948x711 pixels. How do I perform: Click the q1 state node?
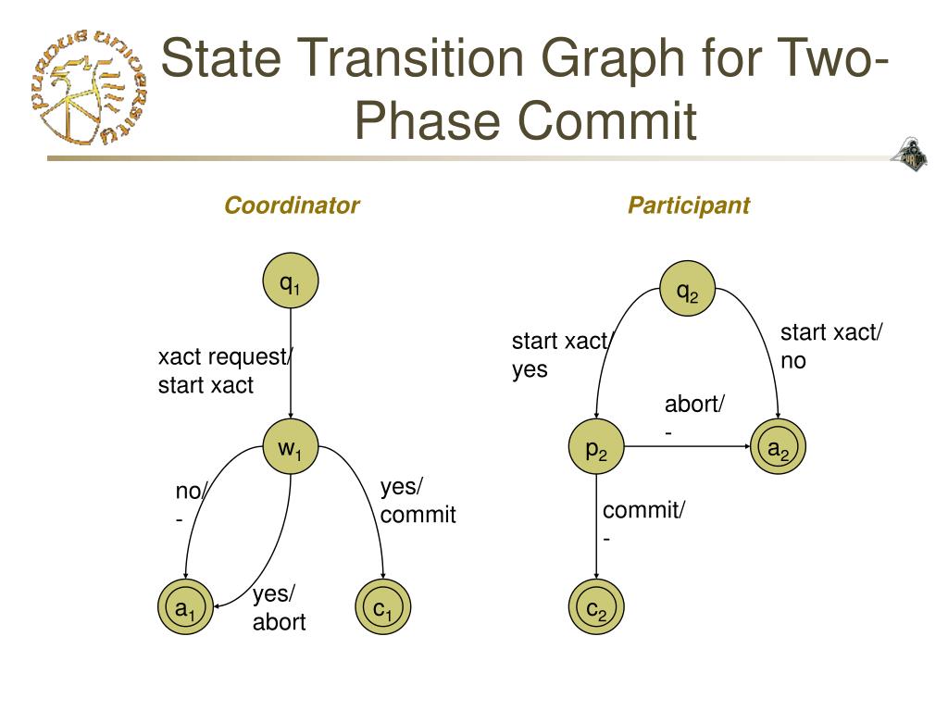pos(291,284)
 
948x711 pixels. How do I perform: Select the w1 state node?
pos(291,450)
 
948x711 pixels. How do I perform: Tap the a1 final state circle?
pos(186,609)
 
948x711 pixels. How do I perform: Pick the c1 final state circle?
pos(382,609)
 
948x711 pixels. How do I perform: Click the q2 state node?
pos(687,292)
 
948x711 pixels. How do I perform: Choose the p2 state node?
pos(596,450)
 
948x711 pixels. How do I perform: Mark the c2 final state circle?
pos(596,609)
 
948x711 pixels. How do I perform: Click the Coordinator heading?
pos(292,206)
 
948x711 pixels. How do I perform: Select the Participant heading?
pos(689,206)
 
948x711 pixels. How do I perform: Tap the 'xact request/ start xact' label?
pos(223,371)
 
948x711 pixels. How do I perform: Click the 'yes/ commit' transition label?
pos(418,501)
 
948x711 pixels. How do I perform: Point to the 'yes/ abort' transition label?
pos(279,608)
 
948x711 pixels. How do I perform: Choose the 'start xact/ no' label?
pos(831,346)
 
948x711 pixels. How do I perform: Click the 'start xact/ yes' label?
pos(561,355)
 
